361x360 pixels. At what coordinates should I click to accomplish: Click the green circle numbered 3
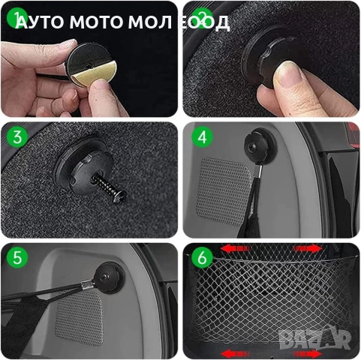click(17, 137)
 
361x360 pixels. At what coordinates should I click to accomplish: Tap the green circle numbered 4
click(203, 137)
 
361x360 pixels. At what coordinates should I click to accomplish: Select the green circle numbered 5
click(17, 257)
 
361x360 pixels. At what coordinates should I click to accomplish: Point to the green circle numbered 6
click(203, 257)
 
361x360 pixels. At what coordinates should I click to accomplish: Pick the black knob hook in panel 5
click(109, 277)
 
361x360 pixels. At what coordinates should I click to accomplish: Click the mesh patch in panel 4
click(224, 190)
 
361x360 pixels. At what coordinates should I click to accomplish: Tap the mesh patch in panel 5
click(80, 317)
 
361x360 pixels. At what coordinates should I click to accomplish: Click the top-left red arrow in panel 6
click(235, 249)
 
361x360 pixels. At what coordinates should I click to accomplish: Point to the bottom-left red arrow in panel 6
click(235, 353)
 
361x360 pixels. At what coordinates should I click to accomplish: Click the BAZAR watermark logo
click(314, 338)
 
